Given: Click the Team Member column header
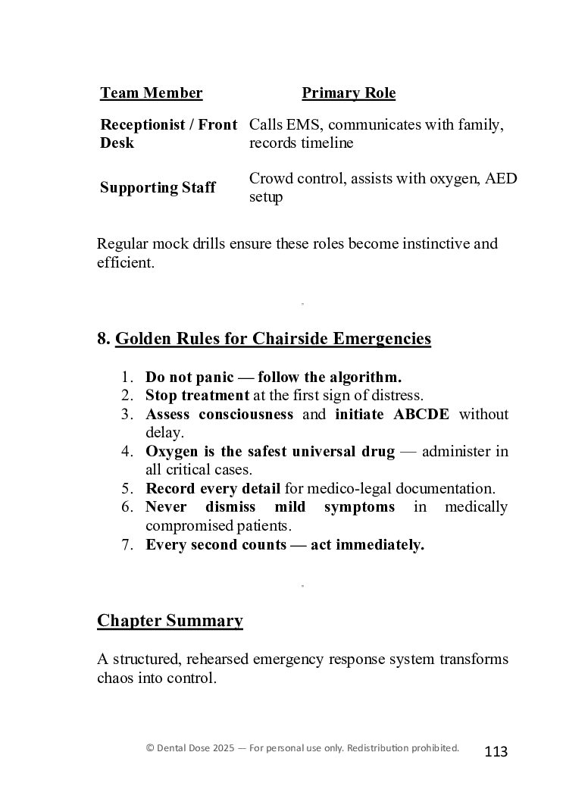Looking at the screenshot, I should (151, 93).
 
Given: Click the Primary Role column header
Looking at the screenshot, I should (349, 93).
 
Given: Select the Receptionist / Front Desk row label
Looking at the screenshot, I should (168, 133).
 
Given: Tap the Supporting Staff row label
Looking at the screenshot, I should (158, 188).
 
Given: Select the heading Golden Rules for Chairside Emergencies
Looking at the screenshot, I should (273, 339).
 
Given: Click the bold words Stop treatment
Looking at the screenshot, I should (197, 396).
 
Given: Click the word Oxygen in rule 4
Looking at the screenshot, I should (172, 452).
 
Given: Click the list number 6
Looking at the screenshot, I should (127, 507).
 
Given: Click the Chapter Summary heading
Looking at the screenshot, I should (170, 622).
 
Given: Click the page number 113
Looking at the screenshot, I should (496, 752).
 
